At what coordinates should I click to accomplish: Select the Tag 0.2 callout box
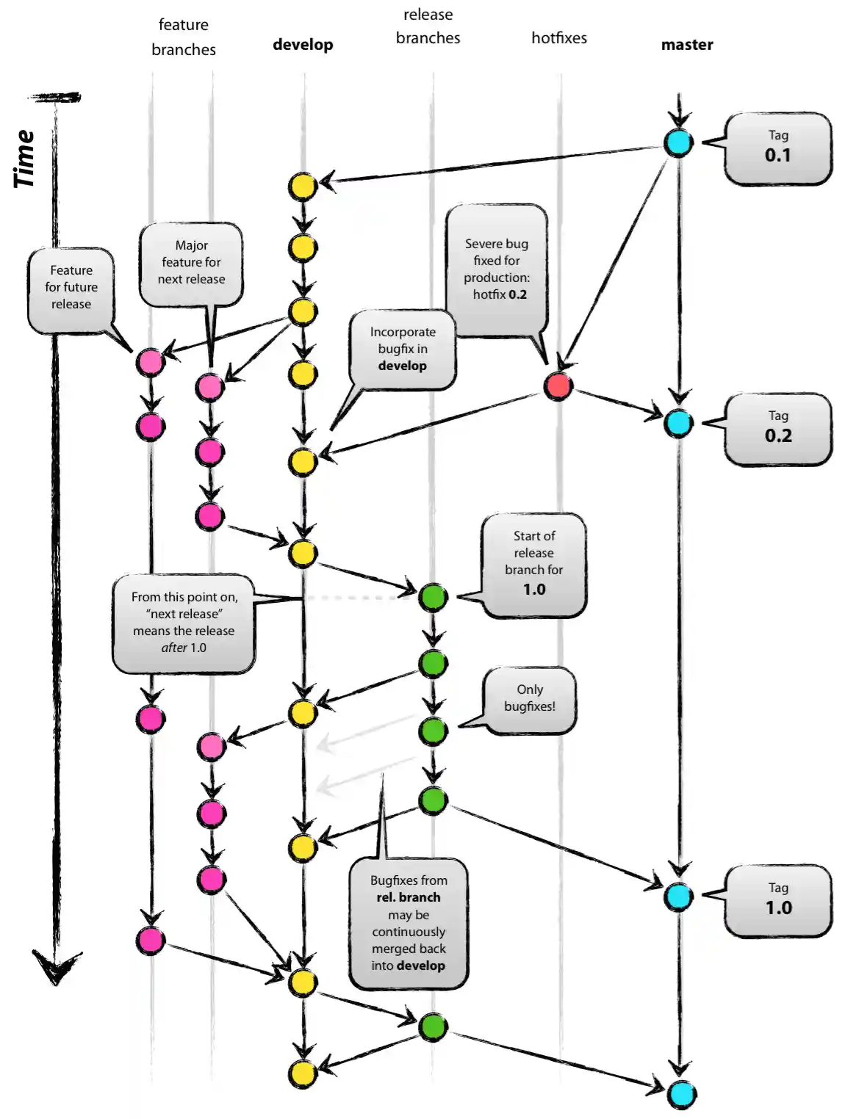(777, 429)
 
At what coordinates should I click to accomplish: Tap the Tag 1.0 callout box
(777, 900)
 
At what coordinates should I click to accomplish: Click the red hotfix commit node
(558, 385)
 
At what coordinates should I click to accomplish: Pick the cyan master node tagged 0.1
(678, 142)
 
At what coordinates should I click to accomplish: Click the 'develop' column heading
(303, 45)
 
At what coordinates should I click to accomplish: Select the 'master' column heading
(687, 45)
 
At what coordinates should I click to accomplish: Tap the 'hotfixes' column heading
(559, 38)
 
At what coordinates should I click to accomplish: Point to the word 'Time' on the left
(24, 159)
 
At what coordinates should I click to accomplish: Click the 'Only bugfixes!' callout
(530, 698)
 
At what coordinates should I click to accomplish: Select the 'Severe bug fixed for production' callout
(497, 269)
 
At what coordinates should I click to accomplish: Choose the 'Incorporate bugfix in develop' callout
(403, 349)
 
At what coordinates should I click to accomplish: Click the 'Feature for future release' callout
(71, 288)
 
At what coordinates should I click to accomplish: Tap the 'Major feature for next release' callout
(191, 263)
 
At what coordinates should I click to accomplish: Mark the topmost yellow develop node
(302, 186)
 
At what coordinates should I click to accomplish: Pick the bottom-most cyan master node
(682, 1094)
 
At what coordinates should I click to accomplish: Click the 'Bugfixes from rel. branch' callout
(409, 923)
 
